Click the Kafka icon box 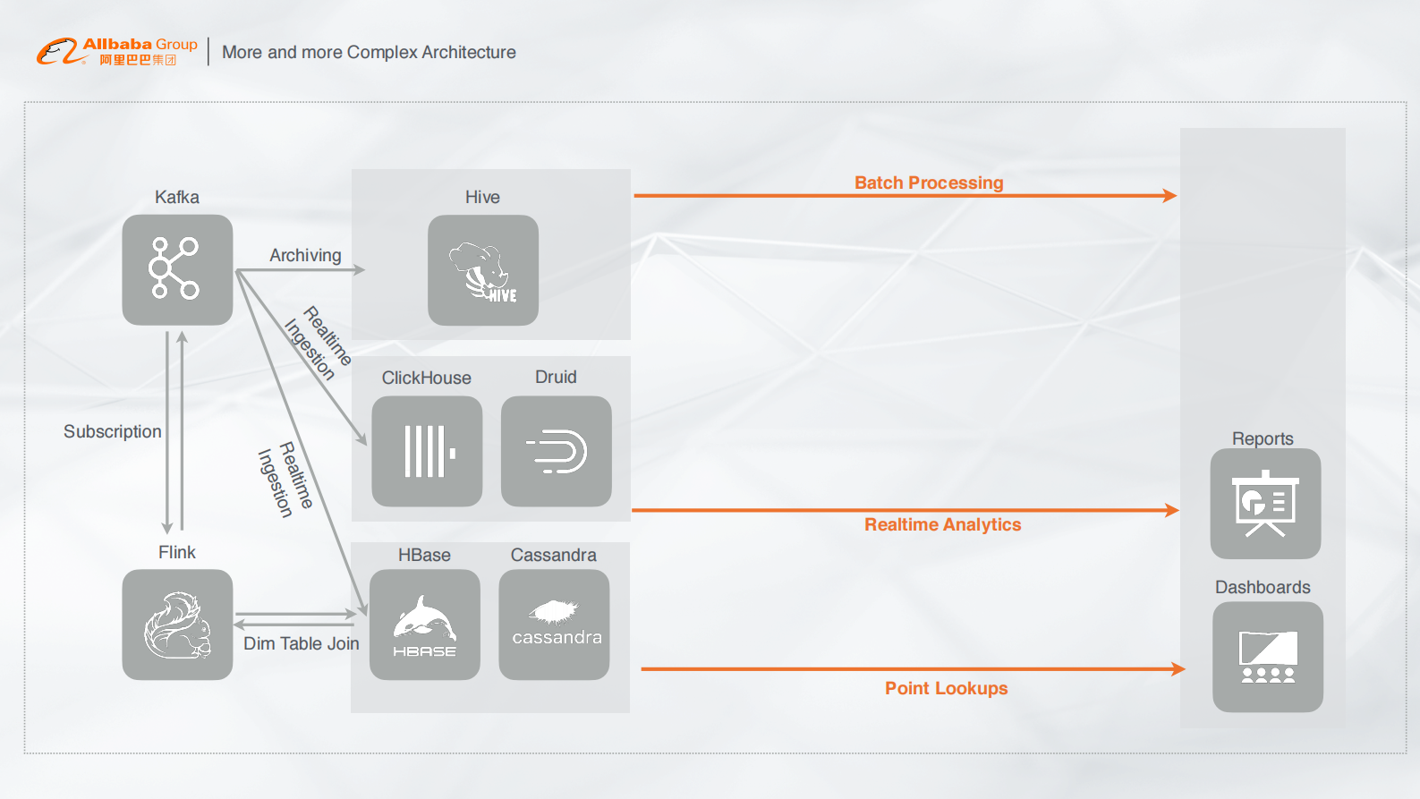click(177, 269)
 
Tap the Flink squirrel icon click(177, 625)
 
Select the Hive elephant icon click(483, 270)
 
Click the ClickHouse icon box click(427, 451)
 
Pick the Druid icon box click(557, 451)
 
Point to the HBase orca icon click(425, 625)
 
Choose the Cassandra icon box click(554, 625)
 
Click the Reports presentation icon click(1265, 504)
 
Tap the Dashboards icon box click(1268, 657)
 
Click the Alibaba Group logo click(117, 51)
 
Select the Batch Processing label click(929, 183)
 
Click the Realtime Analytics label click(942, 524)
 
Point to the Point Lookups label click(946, 688)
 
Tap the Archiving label click(305, 255)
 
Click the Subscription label click(113, 431)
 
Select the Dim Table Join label click(302, 643)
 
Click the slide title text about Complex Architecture click(369, 52)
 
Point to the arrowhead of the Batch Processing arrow click(1170, 195)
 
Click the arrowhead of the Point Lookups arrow click(1178, 668)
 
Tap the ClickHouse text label click(426, 378)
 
